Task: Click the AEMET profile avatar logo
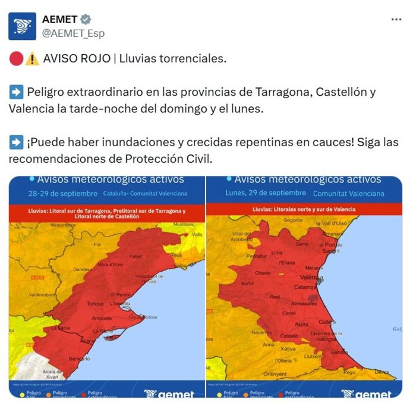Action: tap(23, 26)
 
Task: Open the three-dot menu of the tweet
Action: tap(396, 20)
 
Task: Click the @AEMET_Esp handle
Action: tap(73, 33)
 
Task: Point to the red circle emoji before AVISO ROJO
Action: tap(16, 59)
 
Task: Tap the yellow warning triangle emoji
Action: tap(33, 59)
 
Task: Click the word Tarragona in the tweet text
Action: tap(282, 93)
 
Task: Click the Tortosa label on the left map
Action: tap(95, 304)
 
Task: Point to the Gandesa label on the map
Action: tap(83, 269)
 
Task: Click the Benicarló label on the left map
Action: tap(79, 359)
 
